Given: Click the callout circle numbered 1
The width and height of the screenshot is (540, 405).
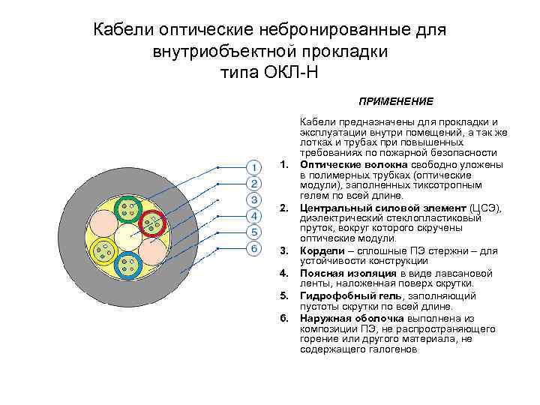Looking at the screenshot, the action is coord(255,166).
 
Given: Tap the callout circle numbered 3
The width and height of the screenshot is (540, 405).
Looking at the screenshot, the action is coord(255,199).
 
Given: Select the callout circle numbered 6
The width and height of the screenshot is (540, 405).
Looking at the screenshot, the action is coord(255,248).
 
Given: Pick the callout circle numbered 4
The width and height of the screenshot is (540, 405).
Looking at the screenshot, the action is coord(255,216).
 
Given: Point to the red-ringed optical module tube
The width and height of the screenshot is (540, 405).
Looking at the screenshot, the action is coord(154,222).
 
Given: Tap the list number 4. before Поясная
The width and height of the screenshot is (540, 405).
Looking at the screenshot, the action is coord(283,273).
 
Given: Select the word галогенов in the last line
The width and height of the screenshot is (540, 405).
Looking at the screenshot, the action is coord(387,349).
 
